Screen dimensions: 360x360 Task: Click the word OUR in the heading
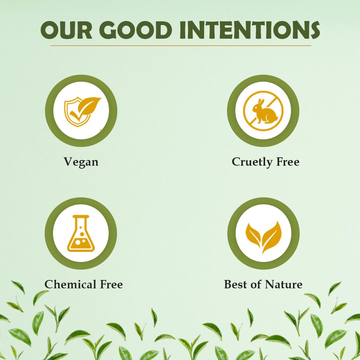65,30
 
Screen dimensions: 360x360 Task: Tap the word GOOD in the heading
136,30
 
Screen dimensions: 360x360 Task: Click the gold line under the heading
180,46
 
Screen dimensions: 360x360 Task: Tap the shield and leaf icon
82,111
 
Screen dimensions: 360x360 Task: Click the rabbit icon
263,111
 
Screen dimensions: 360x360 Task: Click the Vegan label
81,162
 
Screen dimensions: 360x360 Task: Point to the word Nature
284,284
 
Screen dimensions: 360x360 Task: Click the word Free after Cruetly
287,162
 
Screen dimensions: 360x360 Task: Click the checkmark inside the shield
76,115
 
